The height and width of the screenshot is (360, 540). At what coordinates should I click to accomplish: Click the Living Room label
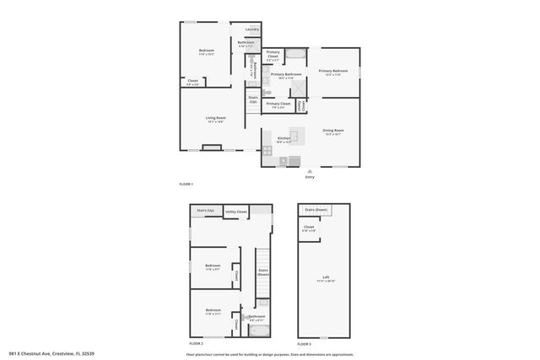tap(216, 119)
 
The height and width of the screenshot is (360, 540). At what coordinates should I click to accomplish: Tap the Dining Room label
tap(333, 131)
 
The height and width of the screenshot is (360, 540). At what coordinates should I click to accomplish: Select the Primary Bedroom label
tap(333, 71)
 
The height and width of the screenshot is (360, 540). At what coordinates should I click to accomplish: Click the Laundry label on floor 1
tap(251, 30)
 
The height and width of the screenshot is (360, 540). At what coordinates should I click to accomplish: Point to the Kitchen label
tap(284, 138)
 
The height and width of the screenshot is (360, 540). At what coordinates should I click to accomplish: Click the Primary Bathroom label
tap(286, 74)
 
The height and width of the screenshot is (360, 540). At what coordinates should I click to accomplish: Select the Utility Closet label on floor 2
tap(236, 212)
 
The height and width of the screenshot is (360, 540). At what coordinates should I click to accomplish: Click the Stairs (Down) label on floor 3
tap(316, 209)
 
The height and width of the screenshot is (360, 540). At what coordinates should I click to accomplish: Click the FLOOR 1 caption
tap(186, 184)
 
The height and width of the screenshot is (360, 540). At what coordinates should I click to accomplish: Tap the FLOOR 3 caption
tap(304, 344)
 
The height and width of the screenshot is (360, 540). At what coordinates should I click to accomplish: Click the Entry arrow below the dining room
tap(310, 170)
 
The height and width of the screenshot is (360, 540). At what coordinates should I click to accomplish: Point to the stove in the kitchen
tap(268, 153)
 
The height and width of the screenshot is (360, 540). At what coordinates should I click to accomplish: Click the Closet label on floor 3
tap(309, 228)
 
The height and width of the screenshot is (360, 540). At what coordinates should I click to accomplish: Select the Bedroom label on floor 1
tap(207, 51)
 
